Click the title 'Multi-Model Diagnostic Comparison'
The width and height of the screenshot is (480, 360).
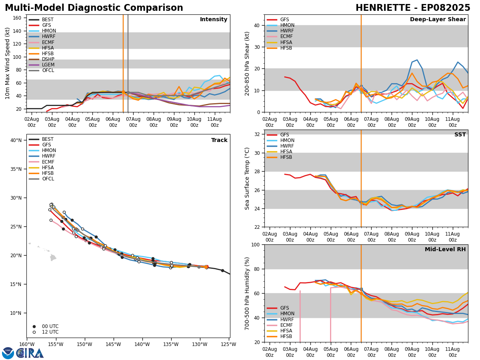tap(94, 8)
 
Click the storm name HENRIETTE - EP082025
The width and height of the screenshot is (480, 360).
tap(413, 8)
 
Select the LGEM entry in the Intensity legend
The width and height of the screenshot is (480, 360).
tap(48, 65)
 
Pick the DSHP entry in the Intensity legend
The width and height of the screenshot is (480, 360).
tap(48, 59)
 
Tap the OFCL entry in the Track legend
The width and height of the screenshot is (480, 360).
tap(48, 179)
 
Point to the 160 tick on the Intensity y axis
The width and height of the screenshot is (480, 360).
tap(18, 18)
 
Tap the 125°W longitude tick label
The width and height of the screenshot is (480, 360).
tap(230, 344)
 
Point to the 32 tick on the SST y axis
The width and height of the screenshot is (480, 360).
tap(258, 134)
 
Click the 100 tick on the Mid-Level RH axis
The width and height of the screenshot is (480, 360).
tap(255, 245)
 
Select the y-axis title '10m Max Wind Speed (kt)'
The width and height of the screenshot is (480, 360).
tap(8, 63)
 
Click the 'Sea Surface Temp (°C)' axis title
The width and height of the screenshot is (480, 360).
tap(247, 178)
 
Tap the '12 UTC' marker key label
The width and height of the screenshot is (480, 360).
tap(50, 332)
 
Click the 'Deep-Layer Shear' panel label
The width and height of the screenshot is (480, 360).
tap(438, 20)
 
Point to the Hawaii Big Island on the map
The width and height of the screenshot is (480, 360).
tap(53, 258)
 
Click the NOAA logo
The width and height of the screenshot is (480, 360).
tap(8, 353)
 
